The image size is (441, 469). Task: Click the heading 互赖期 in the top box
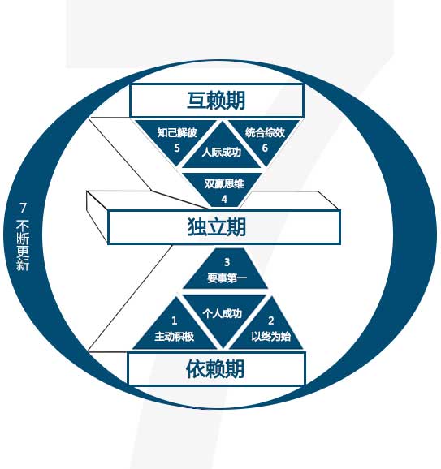(216, 100)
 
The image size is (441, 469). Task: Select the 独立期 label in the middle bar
(217, 227)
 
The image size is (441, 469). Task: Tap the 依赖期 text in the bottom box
(215, 368)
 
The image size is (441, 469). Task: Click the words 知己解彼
(177, 132)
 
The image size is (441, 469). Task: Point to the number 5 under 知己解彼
(177, 148)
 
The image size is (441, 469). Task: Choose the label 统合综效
(265, 132)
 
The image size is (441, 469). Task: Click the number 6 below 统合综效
(265, 148)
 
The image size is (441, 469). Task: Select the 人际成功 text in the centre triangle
(221, 153)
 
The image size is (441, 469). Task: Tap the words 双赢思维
(224, 183)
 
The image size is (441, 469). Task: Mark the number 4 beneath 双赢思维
(224, 200)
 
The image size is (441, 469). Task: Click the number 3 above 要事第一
(227, 262)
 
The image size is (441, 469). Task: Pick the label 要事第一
(227, 278)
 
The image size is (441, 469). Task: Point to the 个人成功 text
(223, 314)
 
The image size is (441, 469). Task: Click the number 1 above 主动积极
(175, 321)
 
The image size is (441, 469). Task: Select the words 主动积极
(175, 337)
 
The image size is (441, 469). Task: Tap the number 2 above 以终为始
(271, 321)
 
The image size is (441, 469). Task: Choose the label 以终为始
(270, 337)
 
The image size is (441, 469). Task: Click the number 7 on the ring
(23, 208)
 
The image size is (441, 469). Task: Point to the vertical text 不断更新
(23, 245)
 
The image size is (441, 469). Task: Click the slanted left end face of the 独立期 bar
(97, 217)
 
